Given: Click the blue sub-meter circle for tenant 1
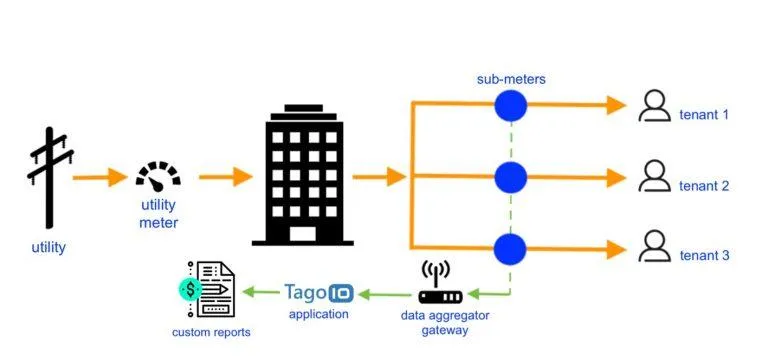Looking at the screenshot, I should pos(511,105).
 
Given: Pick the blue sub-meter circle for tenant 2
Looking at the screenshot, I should pos(511,177).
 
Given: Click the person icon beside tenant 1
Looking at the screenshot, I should pos(654,106).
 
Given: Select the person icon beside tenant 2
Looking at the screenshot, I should pos(654,177).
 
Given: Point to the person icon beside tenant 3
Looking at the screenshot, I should pos(654,247).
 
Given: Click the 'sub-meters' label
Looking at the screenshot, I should pos(511,77).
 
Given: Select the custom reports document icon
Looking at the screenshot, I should pos(208,289).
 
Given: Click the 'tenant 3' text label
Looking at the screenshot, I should pos(704,255).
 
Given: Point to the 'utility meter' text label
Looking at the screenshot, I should pos(158,212).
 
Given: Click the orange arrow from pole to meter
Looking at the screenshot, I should pos(100,178).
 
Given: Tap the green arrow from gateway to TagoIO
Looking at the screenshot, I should pos(386,294).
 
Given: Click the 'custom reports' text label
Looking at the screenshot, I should pos(211,332).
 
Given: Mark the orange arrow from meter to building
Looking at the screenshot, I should pos(225,178).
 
